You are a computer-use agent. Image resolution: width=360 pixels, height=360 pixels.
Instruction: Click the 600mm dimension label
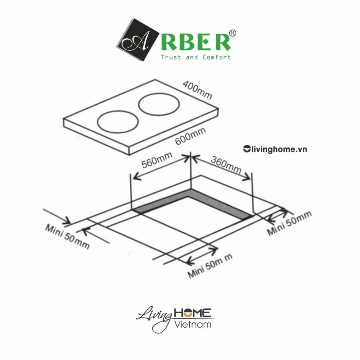pyautogui.click(x=190, y=136)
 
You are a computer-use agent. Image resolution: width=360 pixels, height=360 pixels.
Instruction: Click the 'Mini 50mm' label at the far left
pyautogui.click(x=67, y=236)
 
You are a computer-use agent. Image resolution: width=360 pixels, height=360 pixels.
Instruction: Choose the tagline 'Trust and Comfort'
pyautogui.click(x=196, y=57)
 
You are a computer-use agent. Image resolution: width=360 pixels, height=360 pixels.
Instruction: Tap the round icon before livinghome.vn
pyautogui.click(x=246, y=149)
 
